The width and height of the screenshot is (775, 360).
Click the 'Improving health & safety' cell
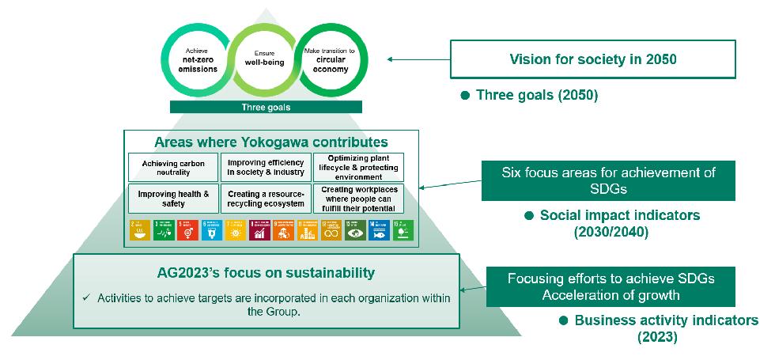(x=172, y=198)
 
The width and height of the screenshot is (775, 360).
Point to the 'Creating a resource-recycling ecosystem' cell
(x=265, y=198)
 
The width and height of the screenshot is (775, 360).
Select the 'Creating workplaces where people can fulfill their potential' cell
(x=357, y=198)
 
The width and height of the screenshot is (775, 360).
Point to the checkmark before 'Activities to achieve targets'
(x=87, y=297)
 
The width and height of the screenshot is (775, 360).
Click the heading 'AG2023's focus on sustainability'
(x=265, y=273)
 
